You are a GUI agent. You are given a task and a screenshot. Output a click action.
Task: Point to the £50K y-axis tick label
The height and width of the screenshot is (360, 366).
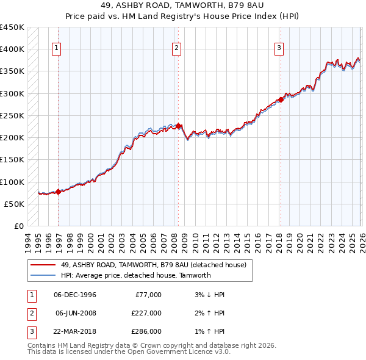tap(14, 204)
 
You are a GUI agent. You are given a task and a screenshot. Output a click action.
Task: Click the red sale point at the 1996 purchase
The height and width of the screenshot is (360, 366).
tap(59, 192)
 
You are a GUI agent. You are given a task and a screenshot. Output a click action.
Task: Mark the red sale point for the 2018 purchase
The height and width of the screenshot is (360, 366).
tap(280, 99)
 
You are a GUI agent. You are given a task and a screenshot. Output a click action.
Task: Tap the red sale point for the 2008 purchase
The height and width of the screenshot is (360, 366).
tap(178, 126)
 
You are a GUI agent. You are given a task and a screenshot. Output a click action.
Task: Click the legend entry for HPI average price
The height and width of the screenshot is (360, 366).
tap(135, 275)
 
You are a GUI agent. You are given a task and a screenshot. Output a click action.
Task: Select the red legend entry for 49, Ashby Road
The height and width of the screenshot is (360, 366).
tap(152, 265)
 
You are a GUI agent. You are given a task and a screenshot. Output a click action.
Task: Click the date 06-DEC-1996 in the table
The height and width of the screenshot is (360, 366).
tap(75, 295)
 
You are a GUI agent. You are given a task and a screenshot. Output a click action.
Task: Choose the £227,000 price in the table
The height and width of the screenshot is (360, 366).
tap(146, 313)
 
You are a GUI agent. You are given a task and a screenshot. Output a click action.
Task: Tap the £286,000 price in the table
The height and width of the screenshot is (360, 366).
tap(146, 331)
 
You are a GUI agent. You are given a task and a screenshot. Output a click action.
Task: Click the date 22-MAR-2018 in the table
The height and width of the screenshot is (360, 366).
tap(75, 331)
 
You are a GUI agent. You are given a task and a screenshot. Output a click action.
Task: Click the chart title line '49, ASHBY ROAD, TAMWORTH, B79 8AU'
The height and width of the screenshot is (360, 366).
tap(183, 5)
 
